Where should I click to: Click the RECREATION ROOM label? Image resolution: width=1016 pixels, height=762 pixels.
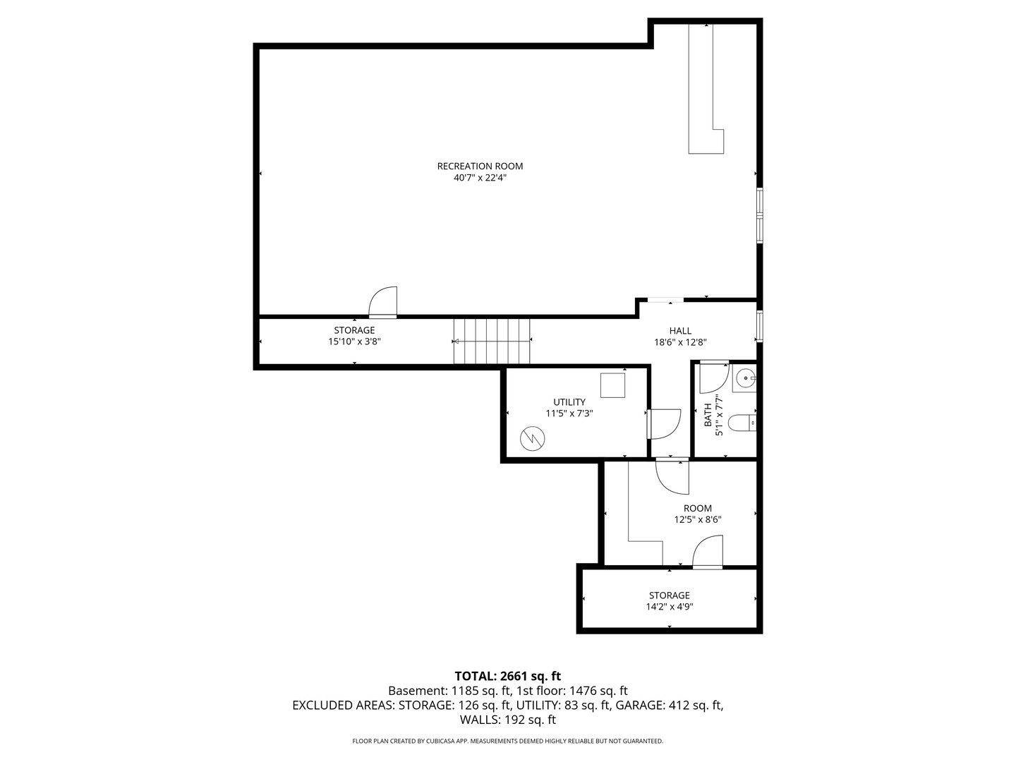tap(480, 167)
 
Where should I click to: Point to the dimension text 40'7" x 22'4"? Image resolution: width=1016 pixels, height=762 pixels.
tap(480, 179)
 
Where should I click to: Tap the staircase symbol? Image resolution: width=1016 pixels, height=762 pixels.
tap(492, 341)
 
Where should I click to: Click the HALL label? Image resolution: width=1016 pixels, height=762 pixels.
tap(680, 331)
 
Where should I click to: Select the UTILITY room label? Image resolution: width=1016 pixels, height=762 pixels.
tap(569, 402)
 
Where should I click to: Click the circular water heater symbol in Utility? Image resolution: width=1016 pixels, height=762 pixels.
tap(531, 438)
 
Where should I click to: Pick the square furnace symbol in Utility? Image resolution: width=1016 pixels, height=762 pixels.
tap(612, 385)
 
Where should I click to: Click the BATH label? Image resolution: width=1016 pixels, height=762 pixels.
tap(708, 415)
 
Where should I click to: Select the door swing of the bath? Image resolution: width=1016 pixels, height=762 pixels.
tap(712, 377)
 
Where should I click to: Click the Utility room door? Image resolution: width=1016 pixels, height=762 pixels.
tap(663, 423)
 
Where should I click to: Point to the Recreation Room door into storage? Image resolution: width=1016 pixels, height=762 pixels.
tap(384, 302)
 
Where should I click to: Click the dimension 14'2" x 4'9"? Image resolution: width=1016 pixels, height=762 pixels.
tap(669, 607)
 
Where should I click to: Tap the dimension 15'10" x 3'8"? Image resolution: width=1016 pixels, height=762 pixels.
tap(354, 341)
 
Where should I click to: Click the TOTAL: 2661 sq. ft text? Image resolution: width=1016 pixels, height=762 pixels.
tap(507, 676)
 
